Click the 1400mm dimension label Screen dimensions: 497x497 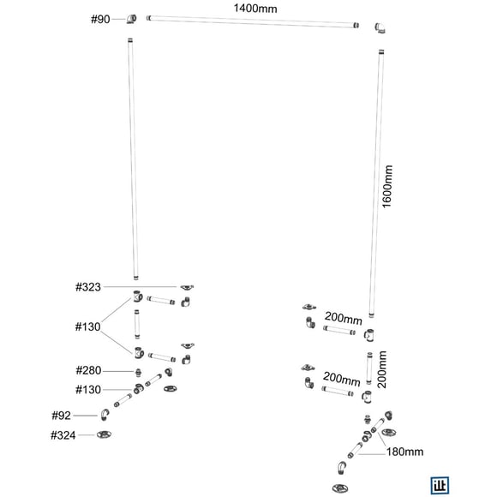click(x=255, y=8)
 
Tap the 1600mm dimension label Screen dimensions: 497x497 click(x=387, y=187)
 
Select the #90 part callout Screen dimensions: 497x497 click(x=100, y=20)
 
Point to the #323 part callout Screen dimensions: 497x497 click(x=87, y=287)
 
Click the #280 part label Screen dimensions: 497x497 click(x=88, y=370)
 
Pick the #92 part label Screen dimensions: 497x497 click(x=61, y=416)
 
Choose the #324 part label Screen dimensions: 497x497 click(x=63, y=435)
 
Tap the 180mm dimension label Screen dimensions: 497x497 click(x=404, y=452)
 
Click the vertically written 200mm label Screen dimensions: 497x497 click(x=382, y=369)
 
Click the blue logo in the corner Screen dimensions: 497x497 click(x=440, y=485)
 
